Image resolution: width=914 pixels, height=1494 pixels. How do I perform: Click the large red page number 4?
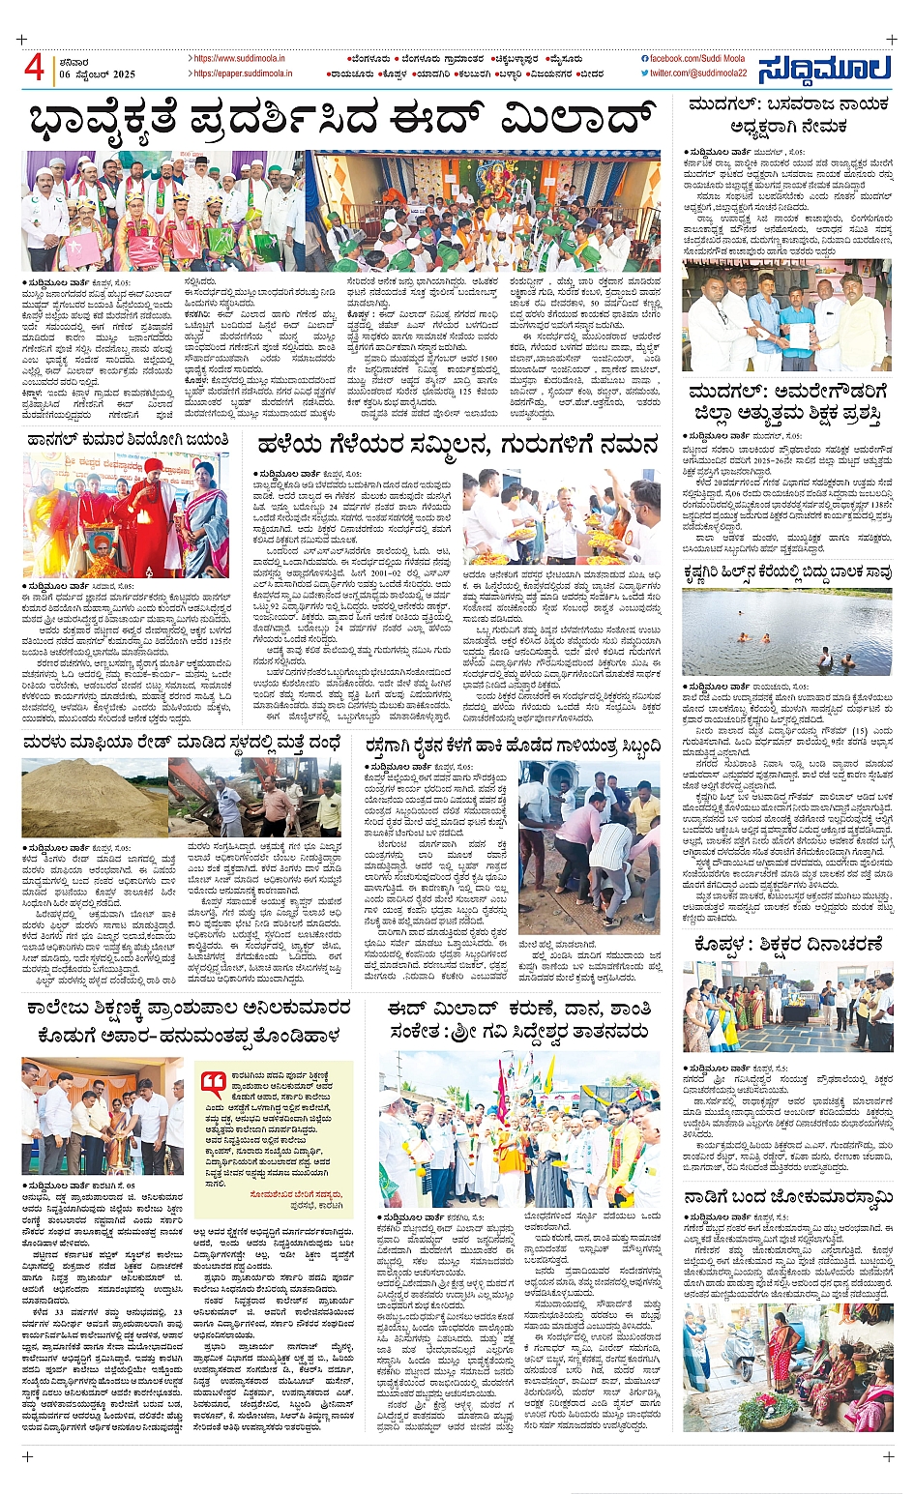click(34, 69)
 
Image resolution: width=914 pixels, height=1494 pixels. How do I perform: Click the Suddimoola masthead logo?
click(824, 71)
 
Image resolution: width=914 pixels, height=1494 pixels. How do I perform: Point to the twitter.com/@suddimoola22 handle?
click(698, 73)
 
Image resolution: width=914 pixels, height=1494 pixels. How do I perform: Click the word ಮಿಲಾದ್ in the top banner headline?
click(566, 120)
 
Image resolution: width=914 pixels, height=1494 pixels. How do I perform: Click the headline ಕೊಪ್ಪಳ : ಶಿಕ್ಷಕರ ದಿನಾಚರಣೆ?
click(788, 945)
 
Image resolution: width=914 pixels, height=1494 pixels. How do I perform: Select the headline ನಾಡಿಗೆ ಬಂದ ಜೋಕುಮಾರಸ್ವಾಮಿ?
click(788, 1198)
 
